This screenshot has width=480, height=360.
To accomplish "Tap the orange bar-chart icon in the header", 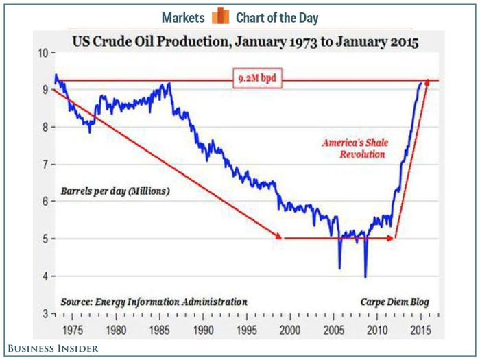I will pos(219,16).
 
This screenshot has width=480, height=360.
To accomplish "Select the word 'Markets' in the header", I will pos(183,17).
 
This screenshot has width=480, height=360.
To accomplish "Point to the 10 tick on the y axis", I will pos(42,53).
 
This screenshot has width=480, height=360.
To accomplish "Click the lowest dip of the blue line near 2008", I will pos(365,276).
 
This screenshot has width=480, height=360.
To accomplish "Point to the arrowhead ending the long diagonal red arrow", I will pos(279,236).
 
